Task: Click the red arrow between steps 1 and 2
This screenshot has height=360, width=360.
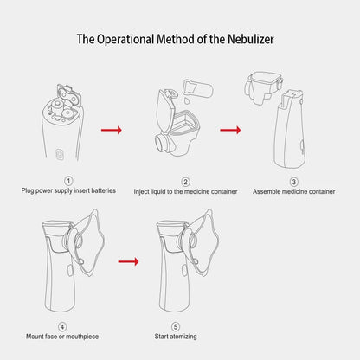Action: click(x=112, y=131)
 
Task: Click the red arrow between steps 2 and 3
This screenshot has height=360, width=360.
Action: click(x=229, y=131)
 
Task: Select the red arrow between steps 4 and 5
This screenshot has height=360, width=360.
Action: click(x=127, y=260)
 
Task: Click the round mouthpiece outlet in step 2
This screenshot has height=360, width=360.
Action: click(x=162, y=141)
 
